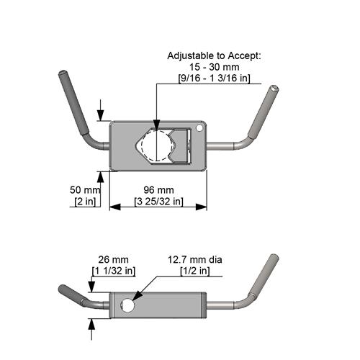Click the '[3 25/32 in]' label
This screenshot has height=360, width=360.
pyautogui.click(x=158, y=201)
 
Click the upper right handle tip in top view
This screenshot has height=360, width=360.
pyautogui.click(x=274, y=90)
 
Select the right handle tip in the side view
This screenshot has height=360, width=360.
pyautogui.click(x=274, y=258)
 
